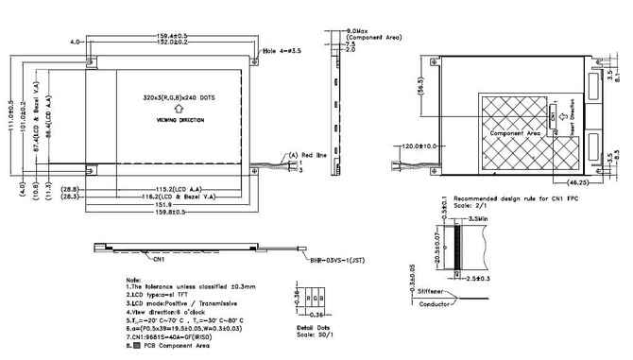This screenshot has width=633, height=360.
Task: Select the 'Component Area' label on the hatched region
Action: (x=514, y=135)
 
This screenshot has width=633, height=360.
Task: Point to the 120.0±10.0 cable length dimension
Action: (x=417, y=146)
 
